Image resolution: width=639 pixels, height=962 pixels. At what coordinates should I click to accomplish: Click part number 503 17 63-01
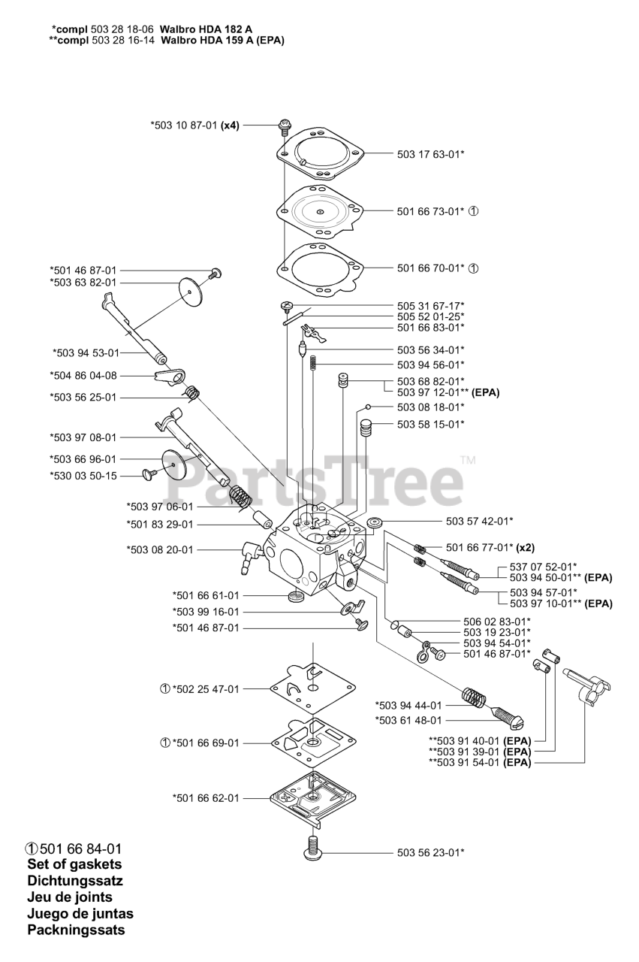[x=430, y=154]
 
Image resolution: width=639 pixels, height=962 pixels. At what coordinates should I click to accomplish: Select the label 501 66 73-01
[x=430, y=211]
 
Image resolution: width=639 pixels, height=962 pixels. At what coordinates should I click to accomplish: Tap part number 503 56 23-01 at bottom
[x=430, y=852]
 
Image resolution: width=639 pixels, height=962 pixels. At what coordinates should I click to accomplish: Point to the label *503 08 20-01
[x=160, y=549]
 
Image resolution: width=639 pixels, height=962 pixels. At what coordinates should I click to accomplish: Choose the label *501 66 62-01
[x=206, y=798]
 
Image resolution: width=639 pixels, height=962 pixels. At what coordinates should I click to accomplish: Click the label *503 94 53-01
[x=86, y=352]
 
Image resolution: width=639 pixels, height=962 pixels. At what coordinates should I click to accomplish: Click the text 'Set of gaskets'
[x=74, y=864]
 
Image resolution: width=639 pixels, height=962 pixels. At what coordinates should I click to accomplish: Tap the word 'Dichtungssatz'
[x=75, y=881]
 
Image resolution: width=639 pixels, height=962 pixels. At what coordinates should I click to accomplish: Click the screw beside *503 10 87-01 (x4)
[x=285, y=126]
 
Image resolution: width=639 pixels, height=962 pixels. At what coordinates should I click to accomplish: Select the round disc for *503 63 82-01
[x=192, y=289]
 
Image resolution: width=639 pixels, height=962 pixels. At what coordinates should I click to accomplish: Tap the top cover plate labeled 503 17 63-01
[x=318, y=155]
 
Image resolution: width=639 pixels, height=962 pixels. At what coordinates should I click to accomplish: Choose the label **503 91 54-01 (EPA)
[x=480, y=763]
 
